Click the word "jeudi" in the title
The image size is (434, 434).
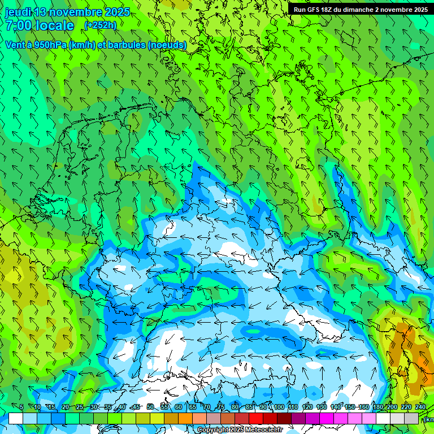tap(18, 12)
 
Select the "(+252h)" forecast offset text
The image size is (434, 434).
tap(100, 25)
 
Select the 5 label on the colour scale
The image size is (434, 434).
tap(21, 407)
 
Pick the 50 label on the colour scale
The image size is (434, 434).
tap(150, 407)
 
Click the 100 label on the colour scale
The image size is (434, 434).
tap(279, 407)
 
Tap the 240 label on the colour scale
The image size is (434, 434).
tap(420, 407)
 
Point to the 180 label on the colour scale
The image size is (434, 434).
tap(377, 407)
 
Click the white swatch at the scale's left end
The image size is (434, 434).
tap(15, 418)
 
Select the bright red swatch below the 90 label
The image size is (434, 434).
tap(256, 418)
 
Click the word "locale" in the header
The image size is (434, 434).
tap(55, 25)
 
